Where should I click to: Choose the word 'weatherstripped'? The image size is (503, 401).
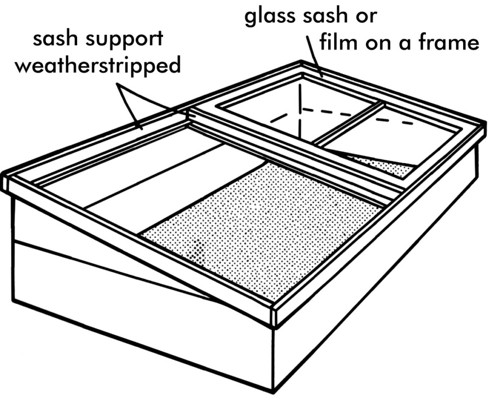point(98,65)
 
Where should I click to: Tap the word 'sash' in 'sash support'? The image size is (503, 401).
point(55,39)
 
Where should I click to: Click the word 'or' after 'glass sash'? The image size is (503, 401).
point(366,17)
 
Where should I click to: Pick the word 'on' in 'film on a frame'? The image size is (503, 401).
point(377,43)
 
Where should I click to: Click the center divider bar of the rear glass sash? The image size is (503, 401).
point(346,123)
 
